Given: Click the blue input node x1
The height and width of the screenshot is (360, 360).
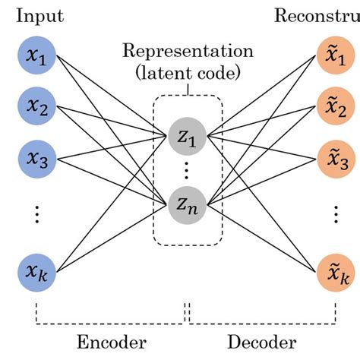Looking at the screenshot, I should [x=36, y=58].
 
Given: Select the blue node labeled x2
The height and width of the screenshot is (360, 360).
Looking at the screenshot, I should [x=36, y=107].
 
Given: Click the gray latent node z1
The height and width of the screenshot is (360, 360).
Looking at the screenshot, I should [x=187, y=137].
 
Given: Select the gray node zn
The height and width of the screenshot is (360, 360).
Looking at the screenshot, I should [x=187, y=203].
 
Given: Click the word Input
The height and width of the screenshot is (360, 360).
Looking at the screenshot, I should [x=35, y=15].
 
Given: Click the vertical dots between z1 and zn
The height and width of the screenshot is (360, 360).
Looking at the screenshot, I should [x=187, y=171].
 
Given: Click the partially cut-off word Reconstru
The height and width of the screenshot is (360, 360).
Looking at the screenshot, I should [x=317, y=15].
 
